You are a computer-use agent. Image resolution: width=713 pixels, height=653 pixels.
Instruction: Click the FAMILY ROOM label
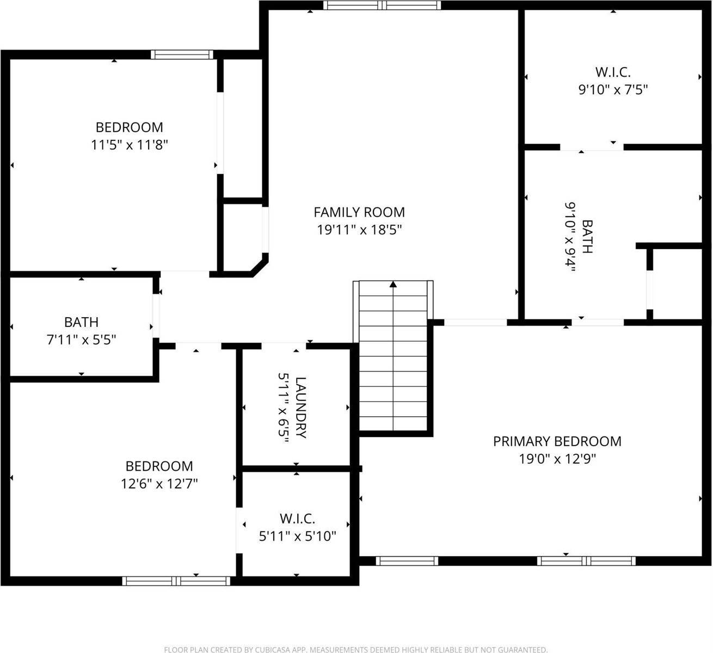[359, 212]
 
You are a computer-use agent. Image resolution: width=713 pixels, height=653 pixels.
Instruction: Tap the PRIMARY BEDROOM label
[557, 441]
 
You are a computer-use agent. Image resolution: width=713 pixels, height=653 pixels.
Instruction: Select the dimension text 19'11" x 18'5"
[359, 230]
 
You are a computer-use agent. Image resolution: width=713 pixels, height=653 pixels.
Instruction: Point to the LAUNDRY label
[301, 407]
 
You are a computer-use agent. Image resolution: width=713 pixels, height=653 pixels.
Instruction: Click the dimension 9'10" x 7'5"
[613, 89]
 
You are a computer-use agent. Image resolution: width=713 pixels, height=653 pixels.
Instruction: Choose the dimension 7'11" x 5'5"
[81, 340]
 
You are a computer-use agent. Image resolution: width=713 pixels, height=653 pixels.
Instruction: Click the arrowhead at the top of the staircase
[393, 284]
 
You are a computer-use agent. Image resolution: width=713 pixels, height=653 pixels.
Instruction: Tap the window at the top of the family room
[382, 5]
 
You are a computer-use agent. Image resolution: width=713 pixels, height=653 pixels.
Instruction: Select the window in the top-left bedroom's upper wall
[181, 54]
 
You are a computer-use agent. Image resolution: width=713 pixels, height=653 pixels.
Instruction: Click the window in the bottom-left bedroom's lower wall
[176, 581]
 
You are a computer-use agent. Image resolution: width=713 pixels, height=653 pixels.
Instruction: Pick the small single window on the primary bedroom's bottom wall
[407, 561]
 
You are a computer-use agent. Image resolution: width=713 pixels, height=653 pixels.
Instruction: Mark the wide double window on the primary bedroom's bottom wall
[586, 561]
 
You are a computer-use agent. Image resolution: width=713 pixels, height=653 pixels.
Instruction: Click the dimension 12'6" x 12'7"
[159, 484]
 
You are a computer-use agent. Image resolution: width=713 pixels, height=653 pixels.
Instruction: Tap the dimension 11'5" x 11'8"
[130, 145]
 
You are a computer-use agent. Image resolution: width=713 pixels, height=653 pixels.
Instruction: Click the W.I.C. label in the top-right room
[613, 72]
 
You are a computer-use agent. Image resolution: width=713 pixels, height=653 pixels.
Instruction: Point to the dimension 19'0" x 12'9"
[557, 459]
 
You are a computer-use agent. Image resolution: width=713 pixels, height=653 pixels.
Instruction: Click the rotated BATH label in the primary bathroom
[587, 237]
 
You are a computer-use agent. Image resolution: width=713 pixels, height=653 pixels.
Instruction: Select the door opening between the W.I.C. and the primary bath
[592, 147]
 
